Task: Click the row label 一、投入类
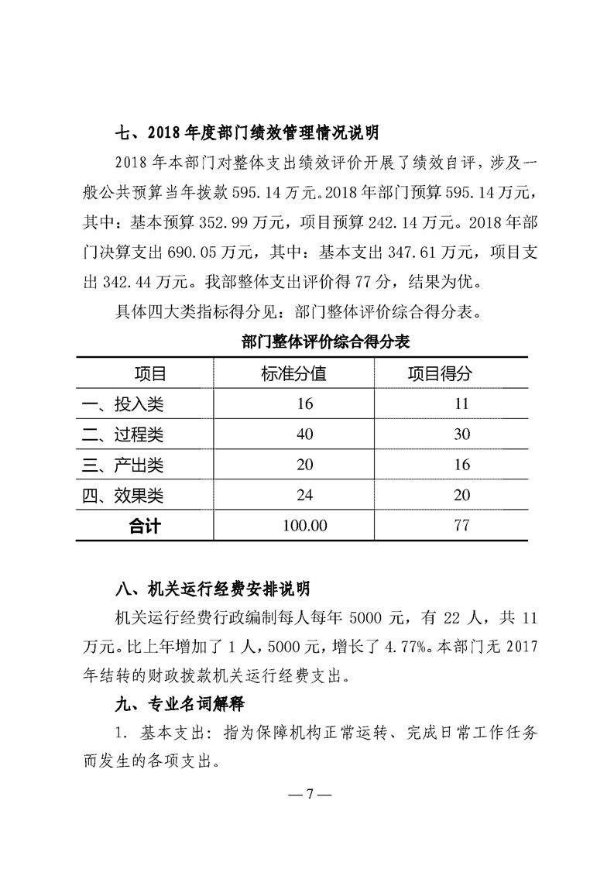click(123, 404)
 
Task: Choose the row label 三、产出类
click(123, 465)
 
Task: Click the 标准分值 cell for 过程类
click(304, 434)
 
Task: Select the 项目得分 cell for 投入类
click(462, 404)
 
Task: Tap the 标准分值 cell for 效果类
click(304, 496)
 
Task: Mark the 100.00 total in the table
click(304, 526)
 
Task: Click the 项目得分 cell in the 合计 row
click(462, 526)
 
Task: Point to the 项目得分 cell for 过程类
click(462, 434)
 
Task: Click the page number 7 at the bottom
click(308, 794)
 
